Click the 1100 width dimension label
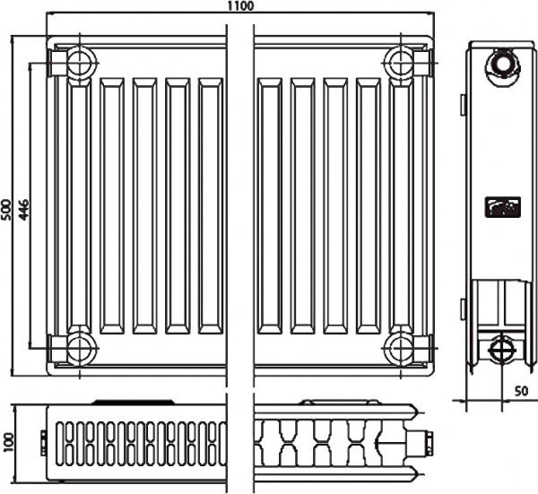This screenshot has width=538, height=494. click(x=240, y=6)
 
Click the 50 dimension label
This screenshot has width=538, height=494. click(x=521, y=391)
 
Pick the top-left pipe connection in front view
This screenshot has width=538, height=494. click(x=80, y=64)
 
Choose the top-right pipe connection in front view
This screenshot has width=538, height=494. click(x=398, y=64)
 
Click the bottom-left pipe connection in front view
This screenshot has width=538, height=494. click(x=80, y=347)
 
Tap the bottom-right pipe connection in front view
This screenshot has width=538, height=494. click(x=398, y=347)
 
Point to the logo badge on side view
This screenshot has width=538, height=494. click(x=499, y=207)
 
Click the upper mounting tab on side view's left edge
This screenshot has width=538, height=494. click(x=463, y=105)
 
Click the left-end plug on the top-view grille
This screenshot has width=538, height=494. click(x=44, y=439)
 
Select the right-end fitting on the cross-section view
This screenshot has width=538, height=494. click(x=427, y=441)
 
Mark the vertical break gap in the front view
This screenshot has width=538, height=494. click(x=240, y=206)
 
